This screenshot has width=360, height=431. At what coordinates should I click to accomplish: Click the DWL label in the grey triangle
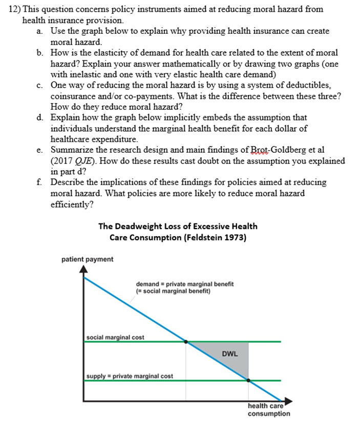230,354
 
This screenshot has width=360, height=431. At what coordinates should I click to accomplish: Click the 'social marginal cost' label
115,337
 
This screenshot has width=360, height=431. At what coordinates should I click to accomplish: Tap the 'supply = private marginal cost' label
129,376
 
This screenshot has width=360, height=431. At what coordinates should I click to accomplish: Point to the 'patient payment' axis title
87,259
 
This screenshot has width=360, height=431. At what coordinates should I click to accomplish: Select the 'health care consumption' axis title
268,409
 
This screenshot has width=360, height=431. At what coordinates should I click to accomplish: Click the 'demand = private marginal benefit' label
184,284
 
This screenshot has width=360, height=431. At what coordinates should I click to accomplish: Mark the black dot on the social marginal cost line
186,341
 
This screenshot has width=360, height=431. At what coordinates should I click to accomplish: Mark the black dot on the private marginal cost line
249,381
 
